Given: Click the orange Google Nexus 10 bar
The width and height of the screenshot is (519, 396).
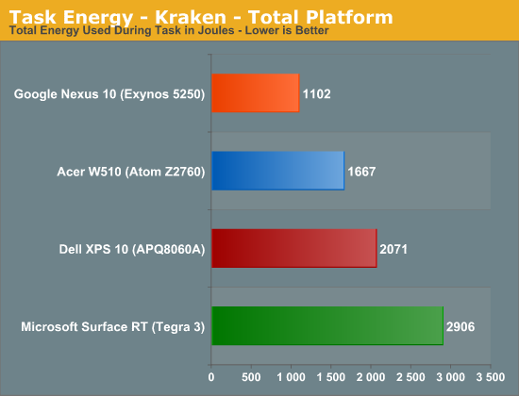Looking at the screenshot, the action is pyautogui.click(x=256, y=93).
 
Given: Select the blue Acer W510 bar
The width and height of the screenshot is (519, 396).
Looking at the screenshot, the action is pyautogui.click(x=278, y=171).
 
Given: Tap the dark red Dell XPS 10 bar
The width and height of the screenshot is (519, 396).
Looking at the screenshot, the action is pyautogui.click(x=294, y=248).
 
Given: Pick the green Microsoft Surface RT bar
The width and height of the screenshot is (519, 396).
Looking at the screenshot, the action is pyautogui.click(x=327, y=326).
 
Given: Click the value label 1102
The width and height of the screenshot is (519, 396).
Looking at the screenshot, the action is pyautogui.click(x=317, y=94).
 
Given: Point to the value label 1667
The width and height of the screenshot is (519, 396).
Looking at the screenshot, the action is pyautogui.click(x=361, y=172).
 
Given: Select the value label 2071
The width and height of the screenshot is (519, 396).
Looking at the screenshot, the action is pyautogui.click(x=393, y=249).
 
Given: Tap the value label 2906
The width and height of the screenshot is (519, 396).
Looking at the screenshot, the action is pyautogui.click(x=460, y=327).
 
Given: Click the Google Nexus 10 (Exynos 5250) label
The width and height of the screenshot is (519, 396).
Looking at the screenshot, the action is pyautogui.click(x=109, y=94).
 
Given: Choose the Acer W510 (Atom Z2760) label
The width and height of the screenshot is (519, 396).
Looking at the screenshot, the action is pyautogui.click(x=131, y=172).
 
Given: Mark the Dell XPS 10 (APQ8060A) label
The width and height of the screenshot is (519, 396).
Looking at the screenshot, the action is pyautogui.click(x=132, y=250).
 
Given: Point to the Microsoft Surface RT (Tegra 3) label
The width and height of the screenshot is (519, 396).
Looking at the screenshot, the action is pyautogui.click(x=113, y=327).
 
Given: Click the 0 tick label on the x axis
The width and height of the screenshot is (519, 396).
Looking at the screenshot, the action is pyautogui.click(x=211, y=377).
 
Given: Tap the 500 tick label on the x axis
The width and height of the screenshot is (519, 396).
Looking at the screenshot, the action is pyautogui.click(x=251, y=377).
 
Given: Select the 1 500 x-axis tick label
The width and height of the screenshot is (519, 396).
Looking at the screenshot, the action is pyautogui.click(x=331, y=377).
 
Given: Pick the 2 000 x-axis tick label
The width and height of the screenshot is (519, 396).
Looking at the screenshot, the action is pyautogui.click(x=371, y=377).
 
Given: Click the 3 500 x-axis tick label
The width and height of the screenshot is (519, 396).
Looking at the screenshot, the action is pyautogui.click(x=491, y=377).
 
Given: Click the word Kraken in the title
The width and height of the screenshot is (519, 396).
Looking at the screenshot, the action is pyautogui.click(x=191, y=17).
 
